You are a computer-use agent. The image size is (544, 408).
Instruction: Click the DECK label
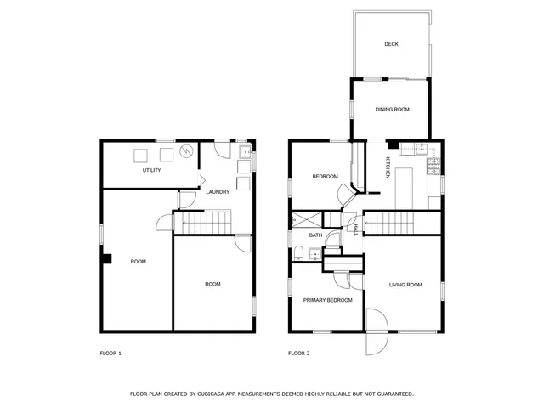click(x=391, y=44)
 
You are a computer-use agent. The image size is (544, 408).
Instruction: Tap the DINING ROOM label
click(x=393, y=110)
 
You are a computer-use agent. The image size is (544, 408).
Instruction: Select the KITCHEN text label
click(x=388, y=167)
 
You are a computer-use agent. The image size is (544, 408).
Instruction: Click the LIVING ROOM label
click(x=405, y=285)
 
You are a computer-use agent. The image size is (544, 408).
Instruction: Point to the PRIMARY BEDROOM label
click(x=328, y=300)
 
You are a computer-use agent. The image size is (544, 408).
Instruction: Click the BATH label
click(x=314, y=235)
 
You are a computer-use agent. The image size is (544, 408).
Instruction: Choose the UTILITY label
click(x=152, y=170)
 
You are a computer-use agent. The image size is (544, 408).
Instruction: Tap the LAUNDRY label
click(x=218, y=192)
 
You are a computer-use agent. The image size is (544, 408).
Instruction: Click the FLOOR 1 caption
click(x=110, y=353)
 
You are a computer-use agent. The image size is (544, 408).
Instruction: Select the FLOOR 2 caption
click(x=298, y=353)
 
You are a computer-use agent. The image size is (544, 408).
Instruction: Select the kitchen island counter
click(x=405, y=185)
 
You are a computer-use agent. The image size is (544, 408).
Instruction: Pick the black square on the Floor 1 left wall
click(x=106, y=259)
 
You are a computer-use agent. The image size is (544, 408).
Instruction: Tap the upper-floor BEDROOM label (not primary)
click(x=325, y=177)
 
